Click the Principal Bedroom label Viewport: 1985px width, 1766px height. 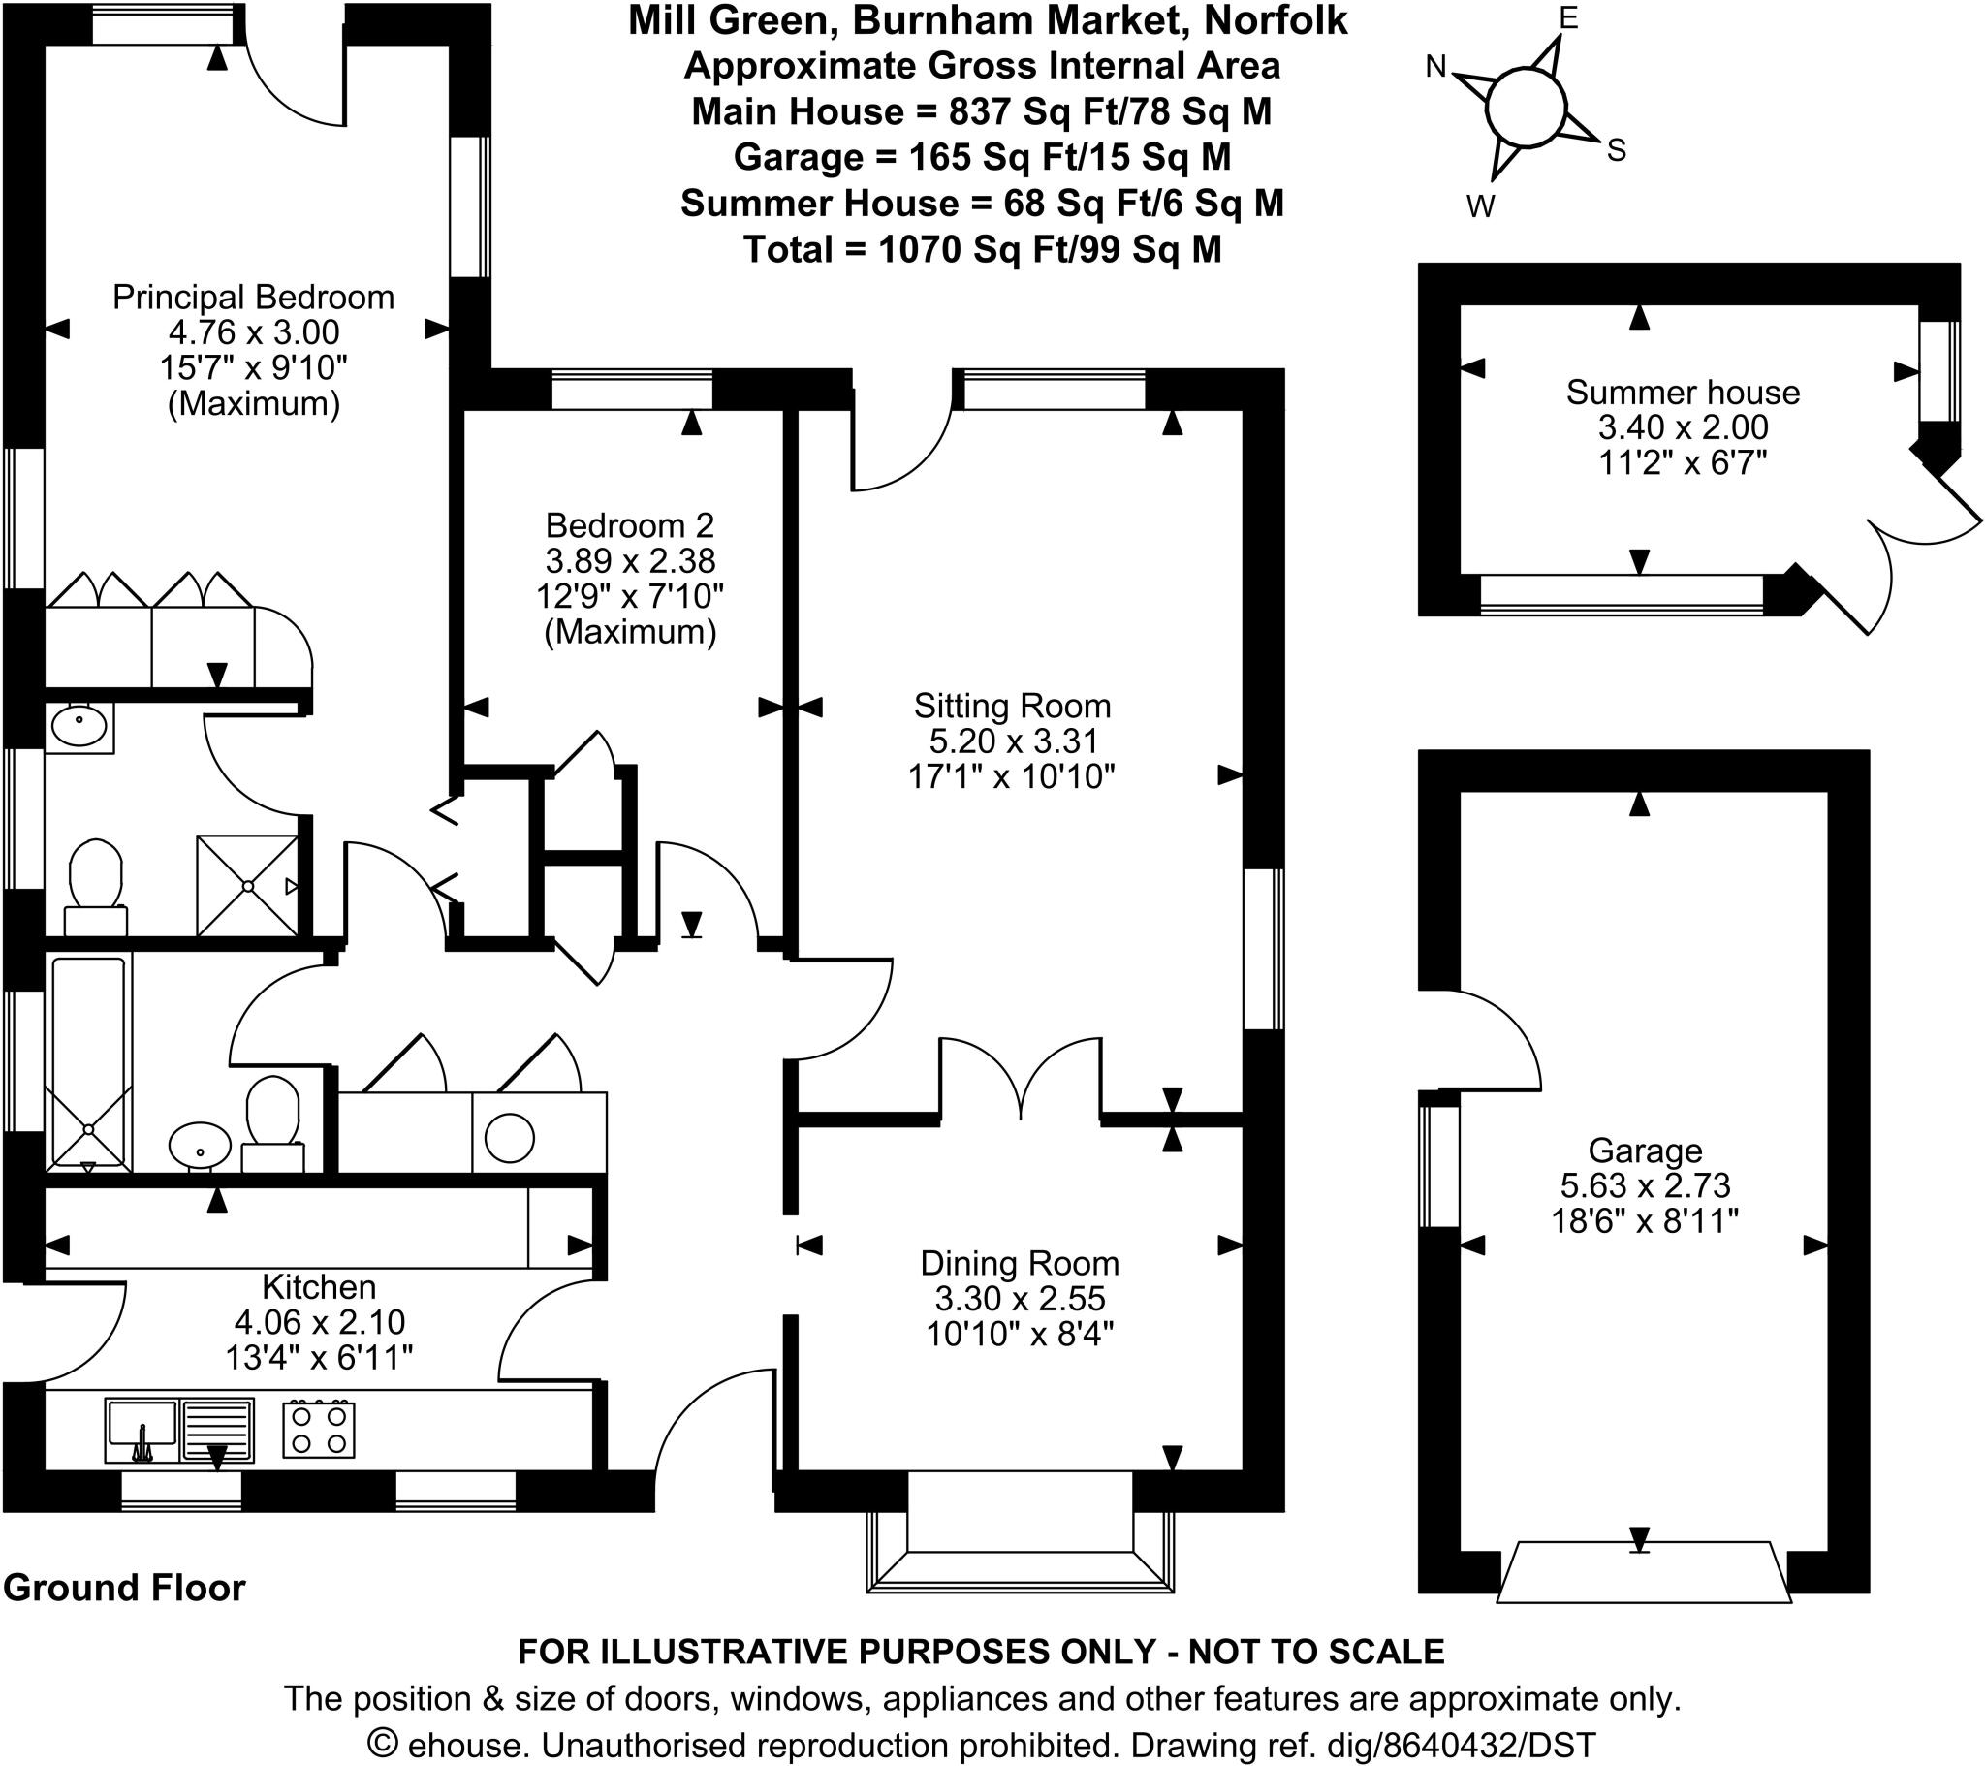[254, 297]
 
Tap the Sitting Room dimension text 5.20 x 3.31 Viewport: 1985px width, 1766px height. [1013, 741]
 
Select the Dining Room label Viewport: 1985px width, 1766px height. [1020, 1263]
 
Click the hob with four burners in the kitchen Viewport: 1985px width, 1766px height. [319, 1429]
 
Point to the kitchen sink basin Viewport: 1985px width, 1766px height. [142, 1425]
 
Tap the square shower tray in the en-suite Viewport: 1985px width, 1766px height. [247, 885]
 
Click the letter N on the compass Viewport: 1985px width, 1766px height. [1435, 66]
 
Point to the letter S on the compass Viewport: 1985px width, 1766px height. [1616, 149]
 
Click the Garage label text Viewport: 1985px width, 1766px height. [1645, 1151]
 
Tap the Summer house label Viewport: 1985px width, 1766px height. [1682, 393]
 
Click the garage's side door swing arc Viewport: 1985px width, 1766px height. [1496, 1034]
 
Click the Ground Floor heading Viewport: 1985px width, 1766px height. [124, 1588]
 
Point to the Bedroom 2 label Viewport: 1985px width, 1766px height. [629, 525]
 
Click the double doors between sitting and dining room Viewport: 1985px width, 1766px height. [1021, 1078]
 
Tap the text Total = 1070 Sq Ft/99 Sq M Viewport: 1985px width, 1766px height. [982, 250]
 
